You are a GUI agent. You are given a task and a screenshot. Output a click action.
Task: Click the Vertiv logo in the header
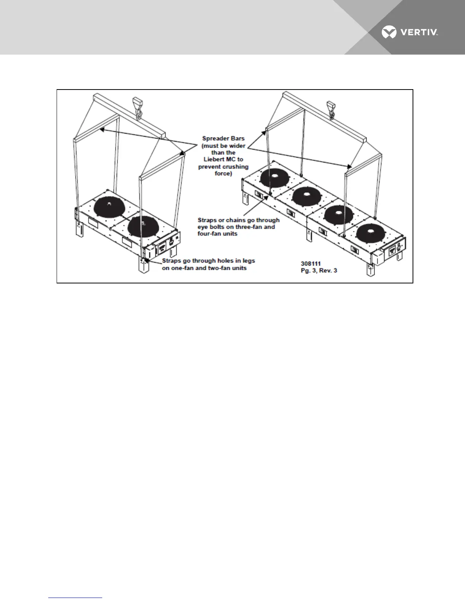410,32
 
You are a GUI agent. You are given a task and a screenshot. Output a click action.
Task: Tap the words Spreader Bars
223,138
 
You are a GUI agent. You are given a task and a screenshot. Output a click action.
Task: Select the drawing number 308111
311,263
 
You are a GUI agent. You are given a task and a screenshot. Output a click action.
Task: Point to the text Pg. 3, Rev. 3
319,271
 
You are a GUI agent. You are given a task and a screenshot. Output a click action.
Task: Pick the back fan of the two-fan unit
109,206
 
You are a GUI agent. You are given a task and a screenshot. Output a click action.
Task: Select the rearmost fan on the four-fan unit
274,177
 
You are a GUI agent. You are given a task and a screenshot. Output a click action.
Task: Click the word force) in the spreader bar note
223,173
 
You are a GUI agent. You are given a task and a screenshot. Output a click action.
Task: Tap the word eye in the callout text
203,227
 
